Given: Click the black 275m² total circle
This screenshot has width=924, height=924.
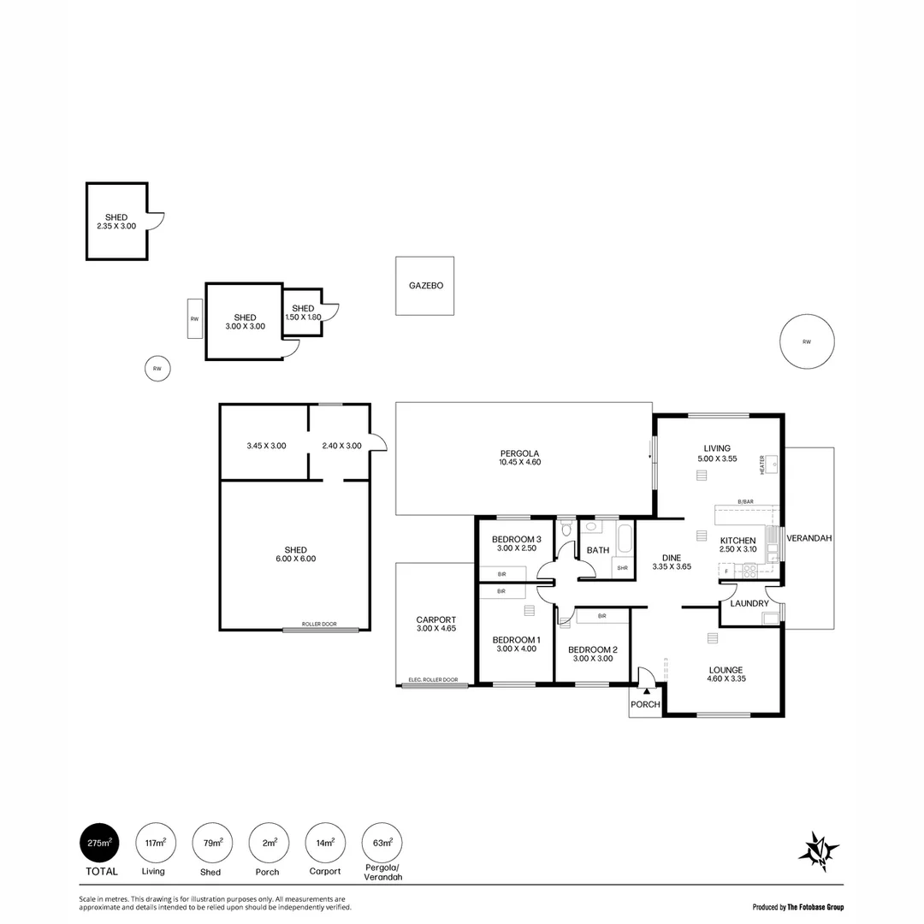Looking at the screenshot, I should click(99, 843).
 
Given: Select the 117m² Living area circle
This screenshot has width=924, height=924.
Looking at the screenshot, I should click(156, 843).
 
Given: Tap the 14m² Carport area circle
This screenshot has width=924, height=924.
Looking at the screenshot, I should click(326, 843).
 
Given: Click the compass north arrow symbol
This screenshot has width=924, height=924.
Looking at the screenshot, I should click(818, 850).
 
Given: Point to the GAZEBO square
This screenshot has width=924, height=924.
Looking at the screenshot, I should click(425, 286).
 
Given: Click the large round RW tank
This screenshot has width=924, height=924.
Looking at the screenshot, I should click(806, 342).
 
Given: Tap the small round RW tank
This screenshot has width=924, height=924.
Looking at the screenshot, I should click(157, 369).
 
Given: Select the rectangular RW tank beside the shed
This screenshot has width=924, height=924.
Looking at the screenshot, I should click(195, 319).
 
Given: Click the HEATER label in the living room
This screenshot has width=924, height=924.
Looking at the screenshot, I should click(761, 465).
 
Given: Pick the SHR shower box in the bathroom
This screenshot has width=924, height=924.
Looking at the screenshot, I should click(622, 568).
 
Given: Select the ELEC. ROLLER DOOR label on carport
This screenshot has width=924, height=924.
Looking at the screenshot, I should click(433, 680).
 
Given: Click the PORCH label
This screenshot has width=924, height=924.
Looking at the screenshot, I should click(645, 705).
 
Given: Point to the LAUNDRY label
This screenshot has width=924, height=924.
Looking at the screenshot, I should click(749, 604).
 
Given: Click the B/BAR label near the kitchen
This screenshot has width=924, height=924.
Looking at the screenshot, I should click(746, 501).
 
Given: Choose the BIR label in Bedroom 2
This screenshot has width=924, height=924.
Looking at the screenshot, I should click(602, 615).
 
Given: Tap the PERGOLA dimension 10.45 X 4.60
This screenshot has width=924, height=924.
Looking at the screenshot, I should click(520, 462).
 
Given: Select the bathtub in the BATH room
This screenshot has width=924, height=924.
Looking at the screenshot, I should click(622, 539).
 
